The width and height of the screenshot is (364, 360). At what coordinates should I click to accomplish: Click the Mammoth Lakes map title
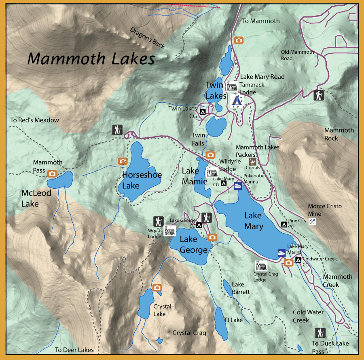tap(91, 59)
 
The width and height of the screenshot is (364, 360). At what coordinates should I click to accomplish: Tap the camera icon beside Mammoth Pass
tap(52, 174)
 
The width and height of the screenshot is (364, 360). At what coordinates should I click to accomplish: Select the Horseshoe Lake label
tap(142, 180)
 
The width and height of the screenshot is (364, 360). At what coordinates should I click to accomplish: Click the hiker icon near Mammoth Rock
tap(319, 95)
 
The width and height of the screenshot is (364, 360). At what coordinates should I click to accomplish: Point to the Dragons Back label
tap(148, 38)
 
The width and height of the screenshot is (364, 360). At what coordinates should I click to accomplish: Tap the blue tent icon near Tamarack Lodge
tap(235, 100)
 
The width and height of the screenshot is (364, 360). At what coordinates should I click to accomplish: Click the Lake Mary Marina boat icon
tap(281, 253)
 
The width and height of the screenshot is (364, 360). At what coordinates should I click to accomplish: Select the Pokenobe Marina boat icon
tap(238, 186)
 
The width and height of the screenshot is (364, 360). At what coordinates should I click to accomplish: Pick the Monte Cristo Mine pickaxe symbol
tap(312, 221)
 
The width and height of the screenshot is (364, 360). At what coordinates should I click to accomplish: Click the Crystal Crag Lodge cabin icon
tap(261, 265)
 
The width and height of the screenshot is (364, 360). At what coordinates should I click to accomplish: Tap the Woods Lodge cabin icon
tap(170, 231)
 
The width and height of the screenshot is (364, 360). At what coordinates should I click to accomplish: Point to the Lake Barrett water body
tap(227, 288)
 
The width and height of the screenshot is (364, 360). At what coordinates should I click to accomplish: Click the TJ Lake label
tap(233, 320)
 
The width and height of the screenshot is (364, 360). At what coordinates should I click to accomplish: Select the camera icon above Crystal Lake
tap(157, 287)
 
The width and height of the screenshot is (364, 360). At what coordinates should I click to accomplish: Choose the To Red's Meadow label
tap(35, 120)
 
